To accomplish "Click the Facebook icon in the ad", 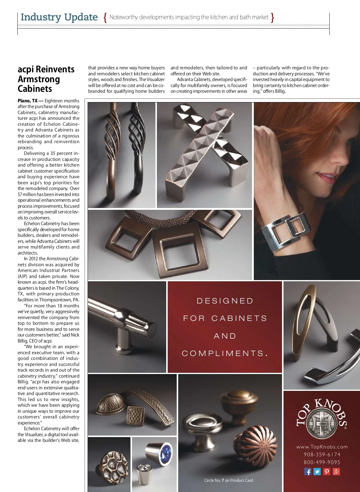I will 308,472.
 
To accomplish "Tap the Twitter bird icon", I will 317,472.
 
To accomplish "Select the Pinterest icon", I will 327,472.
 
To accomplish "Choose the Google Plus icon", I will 336,472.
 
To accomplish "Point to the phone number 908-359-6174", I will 322,454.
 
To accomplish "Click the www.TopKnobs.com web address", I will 322,447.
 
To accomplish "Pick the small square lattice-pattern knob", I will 136,415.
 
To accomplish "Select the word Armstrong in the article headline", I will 39,79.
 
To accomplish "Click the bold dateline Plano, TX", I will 28,101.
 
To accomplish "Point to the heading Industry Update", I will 59,17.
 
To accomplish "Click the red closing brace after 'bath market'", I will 272,17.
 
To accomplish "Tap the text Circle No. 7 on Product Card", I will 229,480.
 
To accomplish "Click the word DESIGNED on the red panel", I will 225,301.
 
